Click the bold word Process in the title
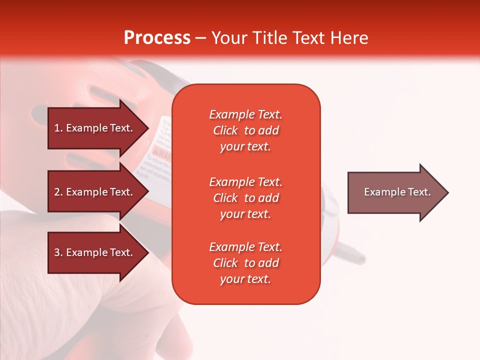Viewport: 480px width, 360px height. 157,37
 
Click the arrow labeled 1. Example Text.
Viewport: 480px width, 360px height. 98,128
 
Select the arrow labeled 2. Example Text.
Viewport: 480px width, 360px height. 98,191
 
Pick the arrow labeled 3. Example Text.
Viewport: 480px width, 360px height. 98,252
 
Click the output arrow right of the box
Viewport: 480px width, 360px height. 398,192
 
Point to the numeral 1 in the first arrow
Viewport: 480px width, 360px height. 56,128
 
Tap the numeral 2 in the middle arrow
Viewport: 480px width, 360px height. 57,192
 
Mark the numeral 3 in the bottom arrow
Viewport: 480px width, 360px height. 57,252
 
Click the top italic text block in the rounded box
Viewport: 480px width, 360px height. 246,130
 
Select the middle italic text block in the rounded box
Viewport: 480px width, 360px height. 246,198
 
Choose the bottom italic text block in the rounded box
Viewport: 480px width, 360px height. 246,263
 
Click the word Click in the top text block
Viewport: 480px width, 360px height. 225,130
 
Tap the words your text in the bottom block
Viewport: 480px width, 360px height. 245,279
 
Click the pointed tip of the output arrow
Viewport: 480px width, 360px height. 448,192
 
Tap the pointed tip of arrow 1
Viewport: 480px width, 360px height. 149,128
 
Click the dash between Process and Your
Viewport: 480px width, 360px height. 200,38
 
